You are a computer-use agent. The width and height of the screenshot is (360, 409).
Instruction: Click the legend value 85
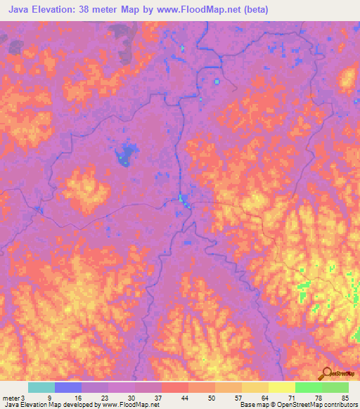coord(345,397)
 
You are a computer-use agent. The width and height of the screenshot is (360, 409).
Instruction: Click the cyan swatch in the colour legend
coord(41,387)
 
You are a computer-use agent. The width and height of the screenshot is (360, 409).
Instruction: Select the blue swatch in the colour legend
coord(67,387)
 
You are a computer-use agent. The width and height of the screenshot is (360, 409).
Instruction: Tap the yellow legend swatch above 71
coord(281,387)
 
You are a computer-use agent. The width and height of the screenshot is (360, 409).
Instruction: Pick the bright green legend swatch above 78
coord(308,387)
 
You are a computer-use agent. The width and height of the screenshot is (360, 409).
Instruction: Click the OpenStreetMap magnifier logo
coord(326,373)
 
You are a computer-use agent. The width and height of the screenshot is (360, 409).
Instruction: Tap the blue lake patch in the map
coord(126,152)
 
